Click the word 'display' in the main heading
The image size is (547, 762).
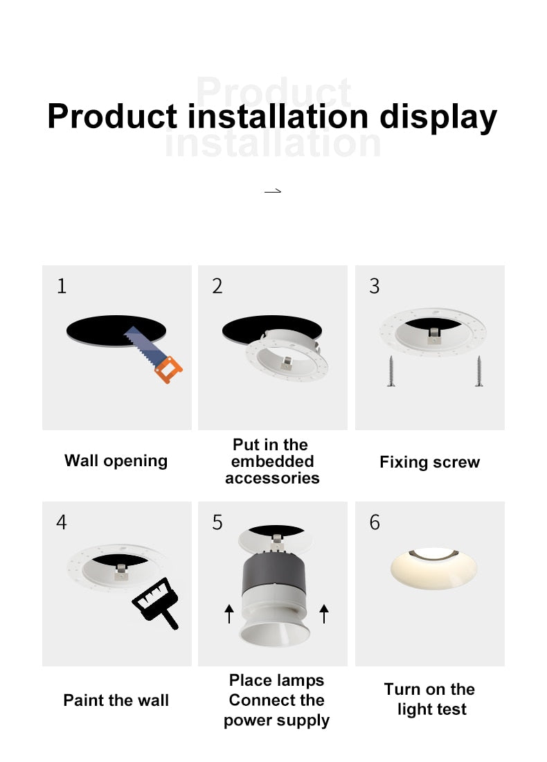pos(438,116)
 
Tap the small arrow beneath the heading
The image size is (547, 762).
pos(273,190)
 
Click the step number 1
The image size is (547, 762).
pos(62,285)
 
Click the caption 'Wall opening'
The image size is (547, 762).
pos(116,461)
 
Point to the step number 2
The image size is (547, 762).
pos(217,285)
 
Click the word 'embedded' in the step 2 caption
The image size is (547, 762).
pos(272,461)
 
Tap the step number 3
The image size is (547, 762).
pos(375,285)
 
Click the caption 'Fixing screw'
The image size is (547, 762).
pos(429,463)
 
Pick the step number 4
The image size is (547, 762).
pos(62,522)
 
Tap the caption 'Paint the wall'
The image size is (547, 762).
pos(116,700)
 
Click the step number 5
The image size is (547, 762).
pos(217,522)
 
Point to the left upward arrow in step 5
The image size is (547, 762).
pos(229,613)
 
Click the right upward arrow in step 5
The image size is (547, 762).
pos(323,613)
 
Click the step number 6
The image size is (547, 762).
pos(375,522)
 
